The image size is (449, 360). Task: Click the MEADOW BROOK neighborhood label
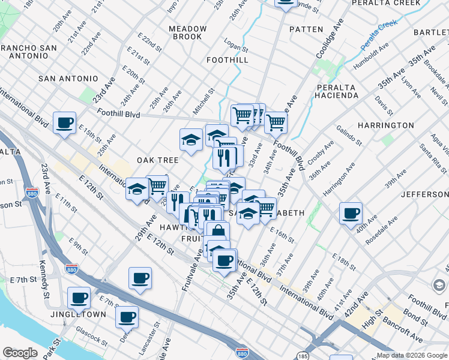click(x=188, y=32)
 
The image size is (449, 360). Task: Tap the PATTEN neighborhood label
click(x=306, y=29)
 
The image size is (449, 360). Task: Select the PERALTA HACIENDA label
click(x=337, y=91)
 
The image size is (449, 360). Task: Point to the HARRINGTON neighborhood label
click(x=385, y=125)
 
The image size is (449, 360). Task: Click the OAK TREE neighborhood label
click(x=158, y=160)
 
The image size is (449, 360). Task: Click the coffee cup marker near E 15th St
click(x=64, y=124)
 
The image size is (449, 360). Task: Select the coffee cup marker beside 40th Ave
click(x=351, y=214)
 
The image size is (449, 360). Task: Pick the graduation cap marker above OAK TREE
click(x=191, y=141)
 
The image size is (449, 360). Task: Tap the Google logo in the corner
click(x=20, y=353)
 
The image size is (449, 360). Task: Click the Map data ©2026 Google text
click(x=412, y=355)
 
